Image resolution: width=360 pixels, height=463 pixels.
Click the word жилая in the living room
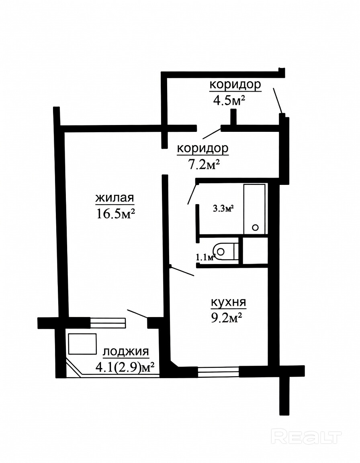[x=115, y=198]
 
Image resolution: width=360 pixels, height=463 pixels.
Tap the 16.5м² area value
[x=116, y=213]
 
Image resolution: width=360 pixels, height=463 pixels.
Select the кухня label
[x=228, y=303]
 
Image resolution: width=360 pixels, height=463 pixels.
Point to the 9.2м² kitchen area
[x=227, y=318]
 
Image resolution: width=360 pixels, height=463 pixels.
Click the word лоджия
[x=126, y=352]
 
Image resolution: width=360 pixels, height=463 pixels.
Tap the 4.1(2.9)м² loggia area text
[x=125, y=367]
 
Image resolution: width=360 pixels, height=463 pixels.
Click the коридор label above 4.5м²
[x=235, y=85]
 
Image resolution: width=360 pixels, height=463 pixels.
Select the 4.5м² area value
[x=229, y=100]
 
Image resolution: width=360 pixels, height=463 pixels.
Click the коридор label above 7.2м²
[x=202, y=149]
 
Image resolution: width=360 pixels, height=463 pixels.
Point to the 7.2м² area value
[x=205, y=164]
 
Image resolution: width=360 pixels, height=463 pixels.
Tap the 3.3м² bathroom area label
[x=223, y=209]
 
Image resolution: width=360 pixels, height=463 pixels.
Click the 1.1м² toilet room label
[x=205, y=258]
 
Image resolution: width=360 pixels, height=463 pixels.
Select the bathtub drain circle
[x=256, y=227]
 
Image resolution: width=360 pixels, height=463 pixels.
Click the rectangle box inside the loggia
[x=83, y=344]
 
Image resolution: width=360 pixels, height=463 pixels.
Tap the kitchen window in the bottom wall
[x=218, y=371]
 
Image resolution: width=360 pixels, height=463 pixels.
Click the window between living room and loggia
[x=108, y=323]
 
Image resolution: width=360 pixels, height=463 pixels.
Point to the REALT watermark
[x=306, y=437]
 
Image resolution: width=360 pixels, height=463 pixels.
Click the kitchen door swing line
[x=182, y=271]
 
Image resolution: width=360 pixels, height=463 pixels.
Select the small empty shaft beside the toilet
[x=255, y=251]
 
